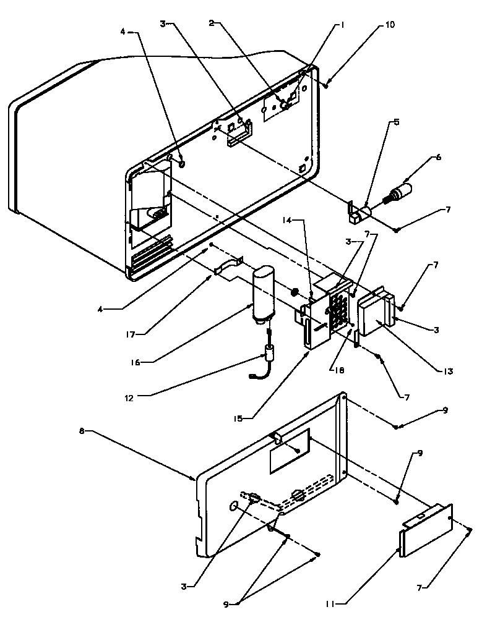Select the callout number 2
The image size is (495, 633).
click(211, 23)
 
